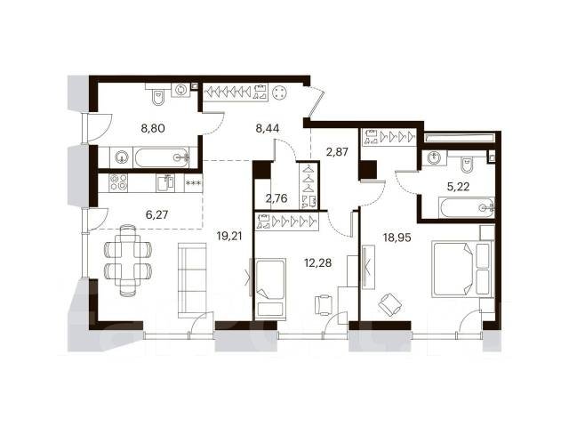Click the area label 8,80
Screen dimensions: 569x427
(153, 128)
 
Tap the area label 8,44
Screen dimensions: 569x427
(268, 128)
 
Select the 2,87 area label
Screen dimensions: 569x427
(337, 151)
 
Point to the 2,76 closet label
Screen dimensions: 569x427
(276, 198)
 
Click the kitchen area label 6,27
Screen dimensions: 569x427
(156, 215)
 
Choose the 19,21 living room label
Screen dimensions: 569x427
(229, 237)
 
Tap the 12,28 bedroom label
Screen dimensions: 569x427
(318, 262)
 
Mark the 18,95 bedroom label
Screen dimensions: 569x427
(397, 238)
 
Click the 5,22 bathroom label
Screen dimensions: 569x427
(458, 187)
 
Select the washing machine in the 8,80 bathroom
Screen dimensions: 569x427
(180, 90)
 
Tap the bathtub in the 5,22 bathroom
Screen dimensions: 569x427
(466, 207)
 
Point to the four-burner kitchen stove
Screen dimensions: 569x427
(118, 182)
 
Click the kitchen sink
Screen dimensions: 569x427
(165, 182)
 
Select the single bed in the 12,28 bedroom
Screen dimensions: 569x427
(270, 288)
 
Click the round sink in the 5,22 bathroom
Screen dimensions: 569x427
(435, 158)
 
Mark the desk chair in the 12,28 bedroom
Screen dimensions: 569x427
(323, 304)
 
